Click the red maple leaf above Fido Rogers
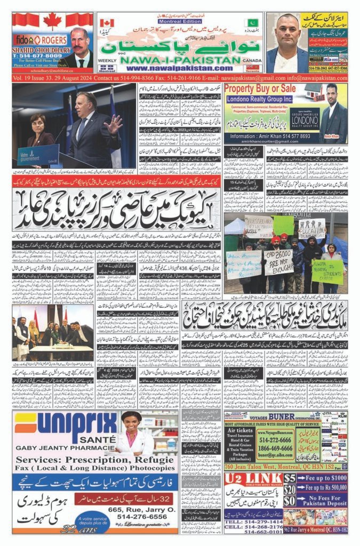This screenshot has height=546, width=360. click(x=52, y=21)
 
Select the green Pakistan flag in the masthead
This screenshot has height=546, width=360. click(x=251, y=23)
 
